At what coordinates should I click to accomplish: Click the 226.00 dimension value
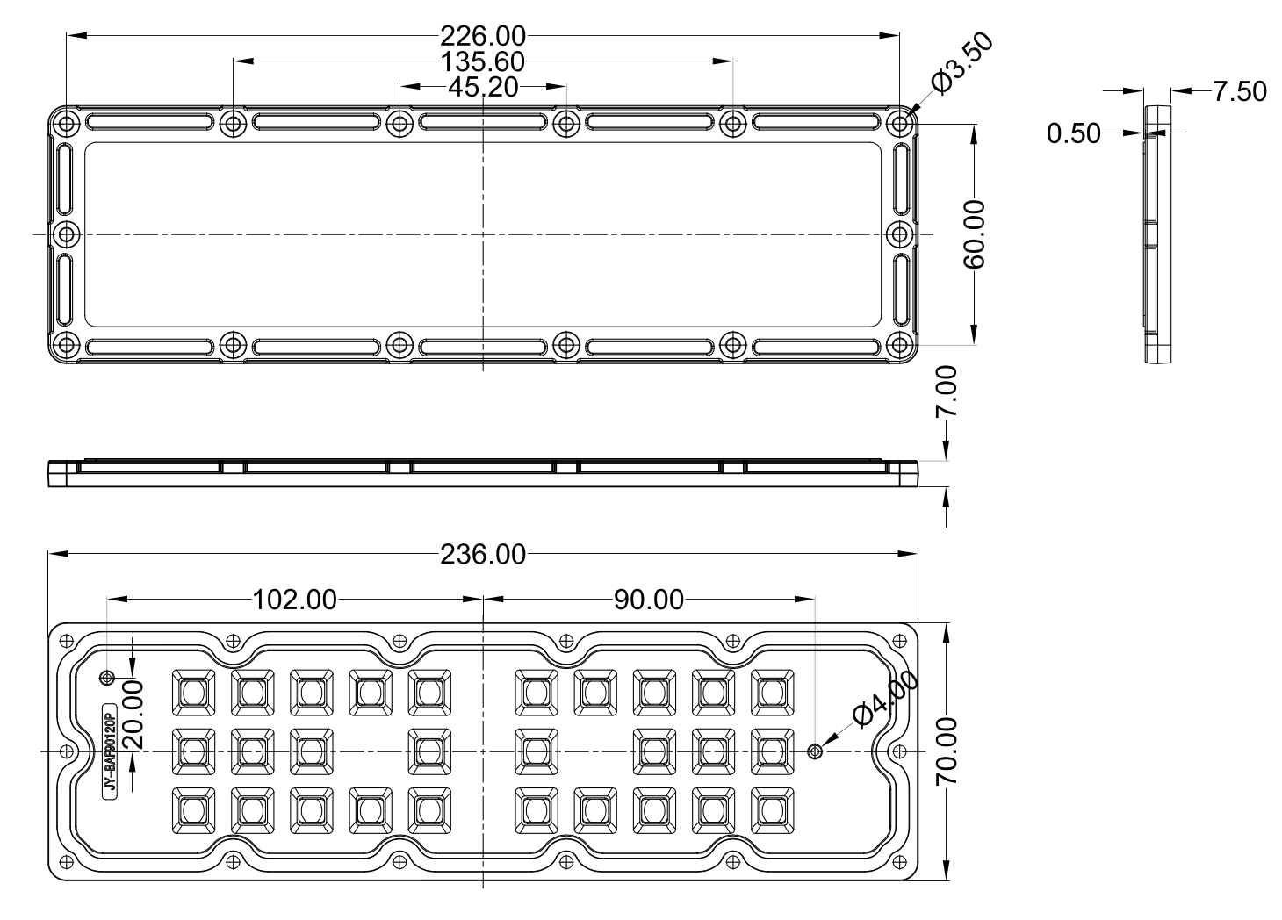pyautogui.click(x=482, y=36)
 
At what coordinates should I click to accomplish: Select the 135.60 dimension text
pyautogui.click(x=482, y=61)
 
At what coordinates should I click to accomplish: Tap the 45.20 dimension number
pyautogui.click(x=483, y=87)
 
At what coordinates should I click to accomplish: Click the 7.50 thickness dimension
pyautogui.click(x=1240, y=91)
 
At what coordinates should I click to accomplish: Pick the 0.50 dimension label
pyautogui.click(x=1074, y=133)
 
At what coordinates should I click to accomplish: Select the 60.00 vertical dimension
pyautogui.click(x=974, y=234)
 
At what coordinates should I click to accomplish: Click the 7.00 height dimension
pyautogui.click(x=947, y=392)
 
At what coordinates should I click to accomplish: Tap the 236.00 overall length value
pyautogui.click(x=482, y=555)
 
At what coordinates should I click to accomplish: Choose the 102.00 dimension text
pyautogui.click(x=294, y=600)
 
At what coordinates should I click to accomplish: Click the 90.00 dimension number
pyautogui.click(x=648, y=600)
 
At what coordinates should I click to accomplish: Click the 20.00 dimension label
pyautogui.click(x=133, y=714)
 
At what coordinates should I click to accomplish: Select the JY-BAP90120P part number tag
pyautogui.click(x=109, y=751)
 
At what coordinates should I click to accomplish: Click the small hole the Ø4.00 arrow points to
pyautogui.click(x=815, y=751)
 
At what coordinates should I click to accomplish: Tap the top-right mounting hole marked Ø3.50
pyautogui.click(x=900, y=123)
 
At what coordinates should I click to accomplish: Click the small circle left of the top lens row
pyautogui.click(x=107, y=678)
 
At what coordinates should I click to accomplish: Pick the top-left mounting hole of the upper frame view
pyautogui.click(x=67, y=123)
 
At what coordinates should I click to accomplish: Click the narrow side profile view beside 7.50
pyautogui.click(x=1157, y=234)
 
